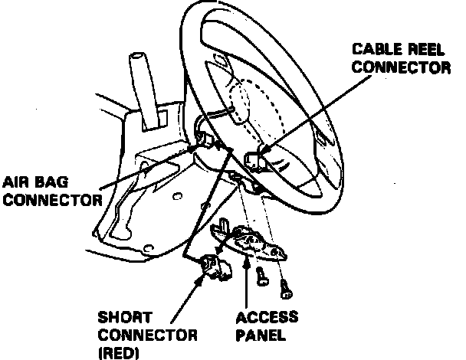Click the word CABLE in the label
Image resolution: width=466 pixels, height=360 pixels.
pos(373,50)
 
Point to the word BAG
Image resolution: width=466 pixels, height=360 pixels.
pos(57,184)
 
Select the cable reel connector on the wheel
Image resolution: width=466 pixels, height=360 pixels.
pos(254,159)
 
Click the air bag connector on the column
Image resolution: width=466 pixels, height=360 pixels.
pos(205,140)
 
